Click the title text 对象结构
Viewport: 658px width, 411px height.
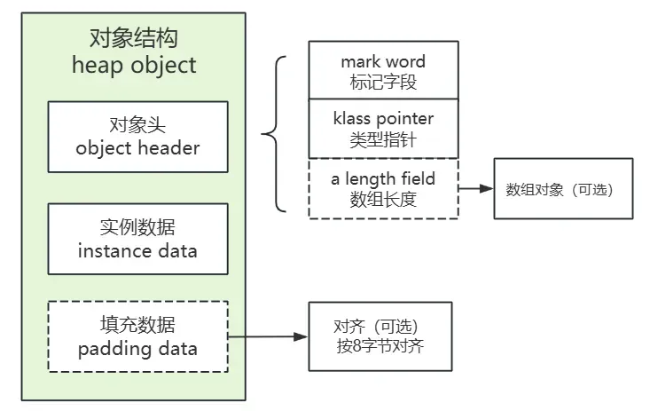point(133,37)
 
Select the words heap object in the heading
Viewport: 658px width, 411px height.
point(133,65)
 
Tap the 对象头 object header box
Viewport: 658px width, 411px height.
point(137,137)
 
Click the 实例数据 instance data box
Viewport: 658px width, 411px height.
point(137,239)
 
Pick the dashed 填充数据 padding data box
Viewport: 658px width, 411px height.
point(137,336)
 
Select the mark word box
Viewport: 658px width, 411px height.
point(383,70)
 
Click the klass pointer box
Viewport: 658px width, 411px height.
point(383,129)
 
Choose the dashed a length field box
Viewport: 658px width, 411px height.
point(383,188)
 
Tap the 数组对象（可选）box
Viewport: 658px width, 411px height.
point(563,189)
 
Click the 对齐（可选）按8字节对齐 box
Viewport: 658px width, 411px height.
point(380,336)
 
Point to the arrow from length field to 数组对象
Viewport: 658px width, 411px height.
point(476,189)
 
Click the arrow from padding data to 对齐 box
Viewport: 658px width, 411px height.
point(268,336)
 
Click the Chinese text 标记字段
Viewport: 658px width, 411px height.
point(383,82)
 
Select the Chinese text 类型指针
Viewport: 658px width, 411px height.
point(383,139)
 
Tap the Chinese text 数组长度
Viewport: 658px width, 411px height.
point(383,199)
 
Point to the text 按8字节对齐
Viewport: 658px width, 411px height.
point(380,346)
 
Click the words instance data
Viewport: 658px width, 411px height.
point(137,250)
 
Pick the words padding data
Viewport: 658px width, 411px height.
point(137,347)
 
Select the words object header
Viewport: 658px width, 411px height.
point(137,148)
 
